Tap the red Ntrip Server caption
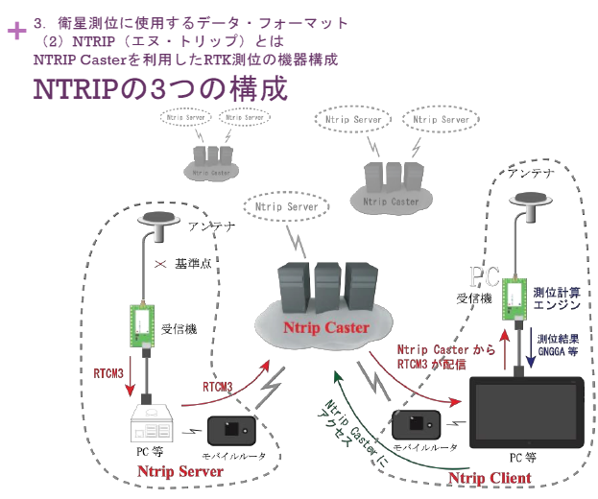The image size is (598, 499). tap(180, 471)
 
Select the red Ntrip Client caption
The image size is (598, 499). tap(490, 478)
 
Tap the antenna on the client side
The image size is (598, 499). tap(526, 200)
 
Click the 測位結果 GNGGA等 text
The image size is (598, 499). tap(559, 345)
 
